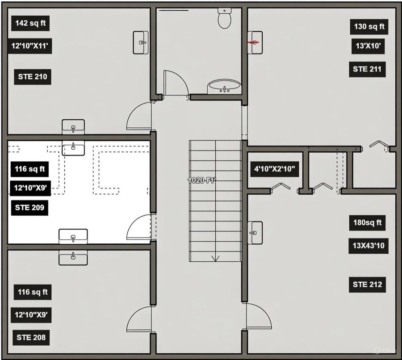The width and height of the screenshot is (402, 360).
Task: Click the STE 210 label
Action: click(x=33, y=77)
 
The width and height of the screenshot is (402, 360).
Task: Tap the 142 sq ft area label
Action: click(x=30, y=23)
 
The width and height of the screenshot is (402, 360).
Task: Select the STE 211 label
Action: click(x=367, y=69)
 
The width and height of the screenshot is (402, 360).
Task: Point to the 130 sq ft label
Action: click(x=369, y=27)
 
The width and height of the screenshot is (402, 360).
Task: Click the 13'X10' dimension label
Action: click(x=368, y=46)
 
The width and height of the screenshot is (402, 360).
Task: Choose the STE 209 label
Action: click(x=29, y=208)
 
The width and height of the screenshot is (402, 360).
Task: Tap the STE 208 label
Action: click(x=31, y=338)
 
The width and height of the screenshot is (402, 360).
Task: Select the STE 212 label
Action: click(x=368, y=285)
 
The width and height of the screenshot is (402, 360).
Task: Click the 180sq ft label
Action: click(x=368, y=223)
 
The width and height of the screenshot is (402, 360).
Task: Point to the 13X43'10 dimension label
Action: click(x=368, y=246)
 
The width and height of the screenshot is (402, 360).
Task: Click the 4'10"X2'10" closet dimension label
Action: click(x=275, y=169)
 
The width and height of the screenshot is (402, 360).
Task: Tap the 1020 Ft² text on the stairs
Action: click(x=201, y=180)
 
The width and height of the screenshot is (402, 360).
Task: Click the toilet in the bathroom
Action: click(x=225, y=18)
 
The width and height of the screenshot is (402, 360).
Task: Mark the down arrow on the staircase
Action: click(x=215, y=258)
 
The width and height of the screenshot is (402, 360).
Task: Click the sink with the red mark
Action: click(x=255, y=42)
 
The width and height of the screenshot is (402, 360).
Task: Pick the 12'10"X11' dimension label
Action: click(x=30, y=46)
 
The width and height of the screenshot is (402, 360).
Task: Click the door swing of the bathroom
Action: click(x=176, y=83)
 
